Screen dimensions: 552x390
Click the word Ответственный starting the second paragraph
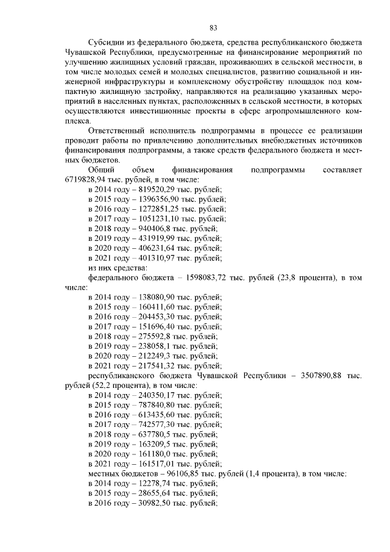point(117,131)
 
